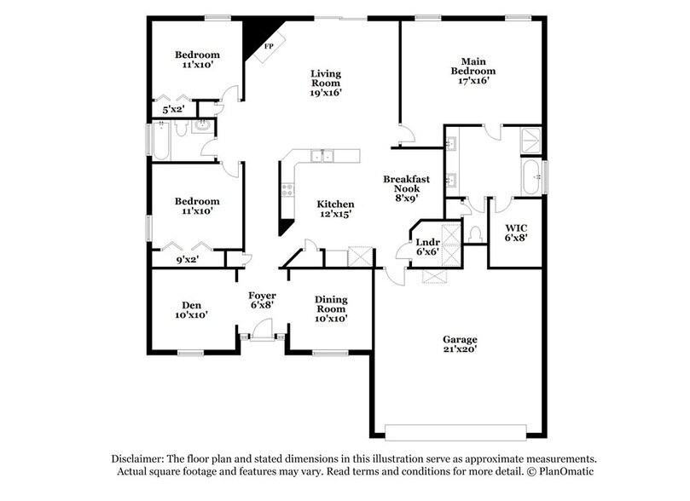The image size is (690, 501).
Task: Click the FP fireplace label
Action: click(x=270, y=45)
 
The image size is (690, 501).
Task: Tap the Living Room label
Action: click(x=325, y=83)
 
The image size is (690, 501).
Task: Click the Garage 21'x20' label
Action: click(x=460, y=343)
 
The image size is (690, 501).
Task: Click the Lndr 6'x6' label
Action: click(x=427, y=247)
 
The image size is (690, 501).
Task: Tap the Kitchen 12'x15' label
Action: click(x=335, y=210)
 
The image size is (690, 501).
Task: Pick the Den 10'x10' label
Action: click(x=190, y=309)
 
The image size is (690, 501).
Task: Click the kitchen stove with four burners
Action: click(x=287, y=189)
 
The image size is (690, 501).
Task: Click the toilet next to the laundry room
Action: click(x=473, y=232)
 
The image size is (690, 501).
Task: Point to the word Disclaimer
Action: click(x=135, y=458)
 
